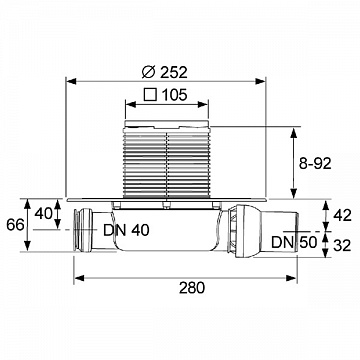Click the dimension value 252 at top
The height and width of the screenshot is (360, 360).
tap(174, 72)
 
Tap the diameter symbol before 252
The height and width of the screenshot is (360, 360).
tap(148, 72)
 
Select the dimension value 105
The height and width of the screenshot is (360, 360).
tap(174, 95)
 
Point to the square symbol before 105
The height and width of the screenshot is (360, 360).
tap(150, 95)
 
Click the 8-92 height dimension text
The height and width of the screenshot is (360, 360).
tap(315, 164)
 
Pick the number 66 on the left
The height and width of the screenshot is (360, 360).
tap(15, 225)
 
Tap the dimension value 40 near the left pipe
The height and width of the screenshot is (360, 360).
tap(43, 214)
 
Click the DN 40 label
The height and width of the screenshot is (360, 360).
tap(126, 230)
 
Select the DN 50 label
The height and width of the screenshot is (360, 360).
tap(294, 242)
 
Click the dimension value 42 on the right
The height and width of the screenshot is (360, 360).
tap(343, 216)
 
